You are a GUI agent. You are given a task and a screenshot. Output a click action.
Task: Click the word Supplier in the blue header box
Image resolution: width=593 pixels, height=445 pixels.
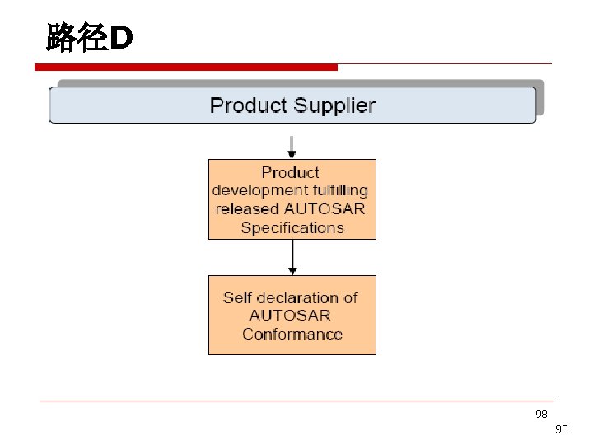click(x=334, y=106)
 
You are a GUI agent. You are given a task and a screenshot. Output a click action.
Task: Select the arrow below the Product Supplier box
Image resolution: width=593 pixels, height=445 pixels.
click(x=292, y=147)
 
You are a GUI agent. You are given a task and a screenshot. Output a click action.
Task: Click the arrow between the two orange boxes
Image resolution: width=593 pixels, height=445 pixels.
click(x=292, y=258)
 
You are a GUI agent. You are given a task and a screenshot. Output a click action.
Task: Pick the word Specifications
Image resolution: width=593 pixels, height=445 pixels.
click(x=292, y=227)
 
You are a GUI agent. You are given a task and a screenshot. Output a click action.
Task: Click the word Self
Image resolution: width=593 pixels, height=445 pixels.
click(x=238, y=297)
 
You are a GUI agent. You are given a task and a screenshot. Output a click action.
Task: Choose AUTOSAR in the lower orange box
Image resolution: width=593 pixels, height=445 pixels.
click(x=290, y=316)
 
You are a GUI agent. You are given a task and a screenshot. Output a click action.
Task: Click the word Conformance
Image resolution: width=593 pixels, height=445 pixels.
click(x=292, y=334)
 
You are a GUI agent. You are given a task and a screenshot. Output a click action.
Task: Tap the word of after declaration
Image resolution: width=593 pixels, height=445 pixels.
click(x=350, y=297)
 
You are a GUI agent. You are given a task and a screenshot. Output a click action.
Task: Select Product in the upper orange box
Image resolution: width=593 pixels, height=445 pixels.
click(x=290, y=172)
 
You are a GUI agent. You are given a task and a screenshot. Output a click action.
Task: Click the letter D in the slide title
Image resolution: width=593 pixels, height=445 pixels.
click(x=120, y=38)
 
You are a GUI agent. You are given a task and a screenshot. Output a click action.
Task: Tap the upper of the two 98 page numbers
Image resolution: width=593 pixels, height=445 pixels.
click(x=541, y=414)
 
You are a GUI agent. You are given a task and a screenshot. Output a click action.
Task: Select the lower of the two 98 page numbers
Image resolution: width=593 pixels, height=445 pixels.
click(x=562, y=429)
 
